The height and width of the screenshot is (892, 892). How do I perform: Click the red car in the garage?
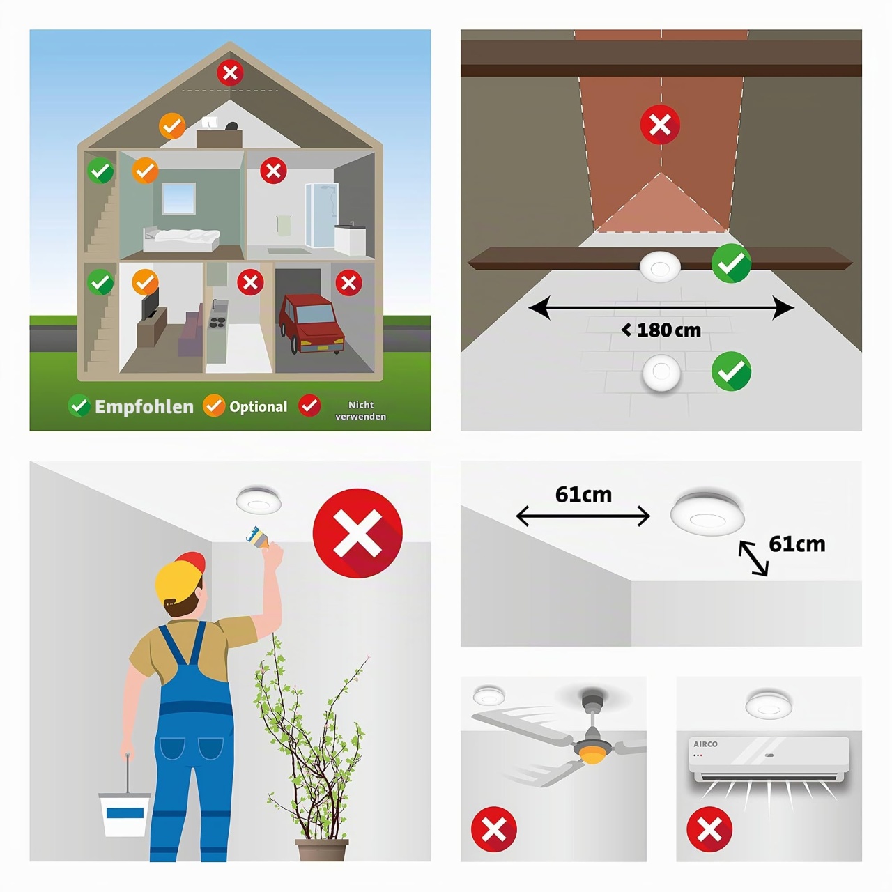pyautogui.click(x=312, y=323)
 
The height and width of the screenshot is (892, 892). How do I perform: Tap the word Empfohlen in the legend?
pyautogui.click(x=144, y=407)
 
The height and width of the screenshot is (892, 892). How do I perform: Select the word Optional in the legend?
pyautogui.click(x=259, y=407)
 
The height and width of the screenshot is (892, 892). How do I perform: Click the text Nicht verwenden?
pyautogui.click(x=360, y=410)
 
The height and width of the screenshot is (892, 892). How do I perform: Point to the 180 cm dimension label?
pyautogui.click(x=661, y=330)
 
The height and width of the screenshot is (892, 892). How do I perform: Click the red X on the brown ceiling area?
pyautogui.click(x=660, y=125)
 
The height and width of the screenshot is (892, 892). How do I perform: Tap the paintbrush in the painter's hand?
pyautogui.click(x=259, y=537)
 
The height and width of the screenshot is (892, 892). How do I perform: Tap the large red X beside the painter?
pyautogui.click(x=357, y=533)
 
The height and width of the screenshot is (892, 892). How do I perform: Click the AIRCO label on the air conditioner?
pyautogui.click(x=705, y=744)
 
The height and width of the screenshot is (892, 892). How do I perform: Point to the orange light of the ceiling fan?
pyautogui.click(x=592, y=758)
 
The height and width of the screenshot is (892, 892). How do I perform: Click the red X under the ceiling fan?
pyautogui.click(x=494, y=829)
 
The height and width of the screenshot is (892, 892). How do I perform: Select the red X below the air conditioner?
pyautogui.click(x=709, y=829)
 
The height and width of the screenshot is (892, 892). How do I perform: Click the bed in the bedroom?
pyautogui.click(x=181, y=239)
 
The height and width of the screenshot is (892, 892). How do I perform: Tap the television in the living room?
pyautogui.click(x=150, y=303)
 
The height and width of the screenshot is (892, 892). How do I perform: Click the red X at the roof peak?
pyautogui.click(x=230, y=72)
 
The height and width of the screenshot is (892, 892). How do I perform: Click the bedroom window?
pyautogui.click(x=178, y=198)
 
